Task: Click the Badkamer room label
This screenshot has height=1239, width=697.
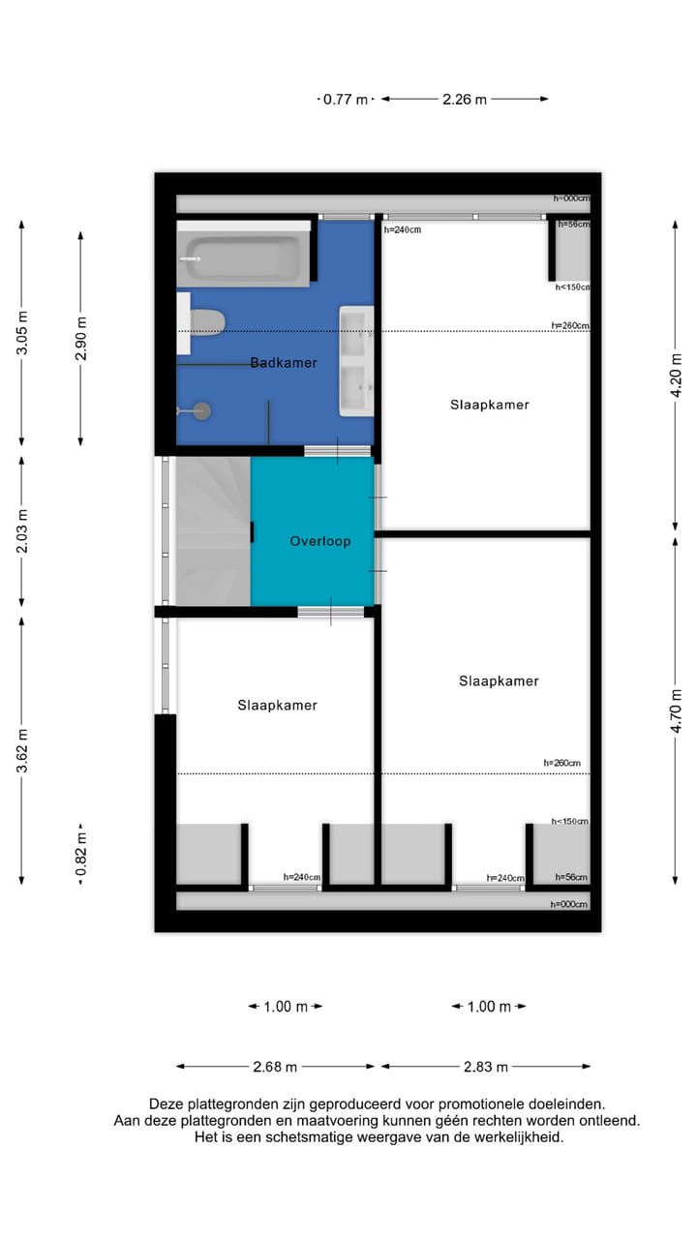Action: point(284,363)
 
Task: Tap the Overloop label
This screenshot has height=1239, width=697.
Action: point(319,541)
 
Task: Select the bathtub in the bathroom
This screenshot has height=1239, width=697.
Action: point(243,258)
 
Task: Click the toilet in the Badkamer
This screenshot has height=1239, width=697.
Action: point(206,321)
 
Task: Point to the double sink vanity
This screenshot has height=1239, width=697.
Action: point(356,361)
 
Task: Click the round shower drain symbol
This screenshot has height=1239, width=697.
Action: point(201,410)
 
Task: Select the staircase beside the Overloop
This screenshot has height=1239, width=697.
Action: point(212,531)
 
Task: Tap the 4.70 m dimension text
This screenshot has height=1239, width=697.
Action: point(679,711)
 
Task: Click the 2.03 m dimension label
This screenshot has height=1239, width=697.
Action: point(22,530)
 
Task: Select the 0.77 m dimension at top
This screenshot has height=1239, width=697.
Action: point(347,99)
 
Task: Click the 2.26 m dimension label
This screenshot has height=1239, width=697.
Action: point(465,99)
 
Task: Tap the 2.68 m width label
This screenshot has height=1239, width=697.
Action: point(274,1067)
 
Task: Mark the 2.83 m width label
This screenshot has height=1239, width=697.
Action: point(485,1067)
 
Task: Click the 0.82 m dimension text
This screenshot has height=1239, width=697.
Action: point(80,854)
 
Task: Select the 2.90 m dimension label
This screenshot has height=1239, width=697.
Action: point(80,338)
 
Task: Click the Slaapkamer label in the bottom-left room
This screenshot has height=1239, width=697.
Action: point(277,706)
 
